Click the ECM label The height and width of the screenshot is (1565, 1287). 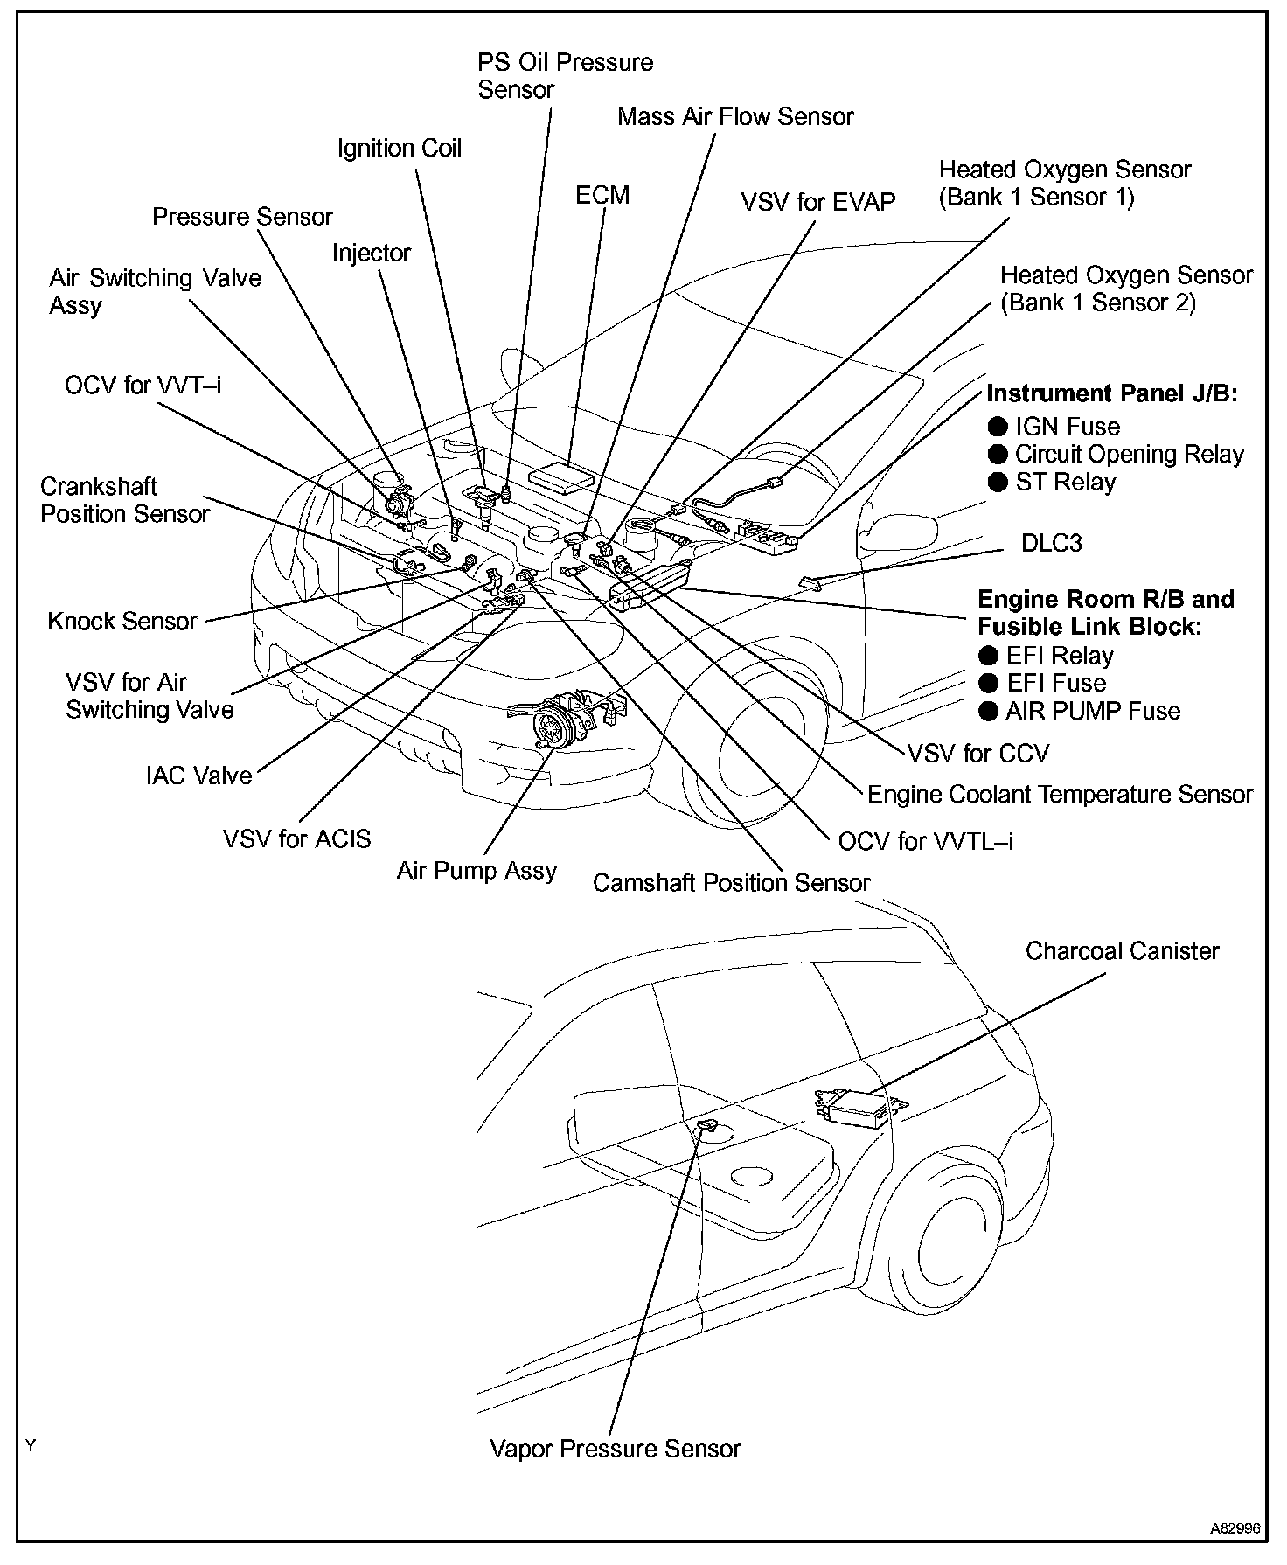click(x=602, y=195)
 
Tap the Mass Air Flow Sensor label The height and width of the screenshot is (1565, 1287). click(x=735, y=116)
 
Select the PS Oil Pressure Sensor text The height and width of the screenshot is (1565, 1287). click(x=565, y=76)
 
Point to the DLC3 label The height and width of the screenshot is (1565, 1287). click(x=1051, y=543)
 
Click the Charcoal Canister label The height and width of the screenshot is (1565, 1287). click(x=1122, y=950)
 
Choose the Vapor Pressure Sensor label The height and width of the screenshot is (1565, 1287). click(x=615, y=1449)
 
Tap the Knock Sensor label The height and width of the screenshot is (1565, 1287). click(x=122, y=622)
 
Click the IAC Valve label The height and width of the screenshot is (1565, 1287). click(x=199, y=776)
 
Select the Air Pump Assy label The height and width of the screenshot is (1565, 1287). click(x=477, y=871)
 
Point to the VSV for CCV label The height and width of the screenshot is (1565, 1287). click(x=977, y=753)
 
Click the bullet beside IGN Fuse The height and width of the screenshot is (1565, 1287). click(x=998, y=427)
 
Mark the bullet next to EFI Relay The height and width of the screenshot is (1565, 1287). click(x=989, y=656)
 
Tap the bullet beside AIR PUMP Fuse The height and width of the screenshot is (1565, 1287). click(x=989, y=711)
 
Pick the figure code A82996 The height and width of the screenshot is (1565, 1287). click(x=1235, y=1529)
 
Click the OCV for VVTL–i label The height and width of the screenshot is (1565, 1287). click(x=926, y=841)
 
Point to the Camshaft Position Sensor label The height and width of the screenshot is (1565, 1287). click(x=731, y=883)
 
